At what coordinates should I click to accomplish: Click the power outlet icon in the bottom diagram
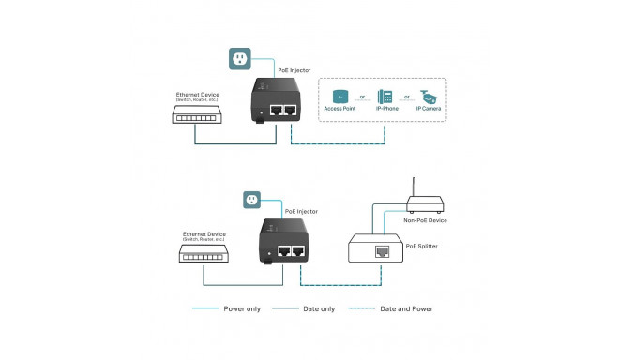point(251,200)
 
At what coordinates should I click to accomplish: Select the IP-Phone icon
point(385,96)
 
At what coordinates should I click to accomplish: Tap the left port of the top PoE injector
point(277,111)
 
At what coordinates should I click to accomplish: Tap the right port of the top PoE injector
point(292,111)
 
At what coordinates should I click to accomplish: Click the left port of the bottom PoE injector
point(282,251)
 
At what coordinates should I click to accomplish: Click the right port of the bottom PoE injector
point(297,251)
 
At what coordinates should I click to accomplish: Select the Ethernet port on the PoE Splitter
point(383,250)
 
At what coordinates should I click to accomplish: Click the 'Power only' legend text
point(241,308)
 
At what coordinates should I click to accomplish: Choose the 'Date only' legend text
point(317,308)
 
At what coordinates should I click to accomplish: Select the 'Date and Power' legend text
point(406,308)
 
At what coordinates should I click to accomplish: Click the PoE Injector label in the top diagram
point(295,70)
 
